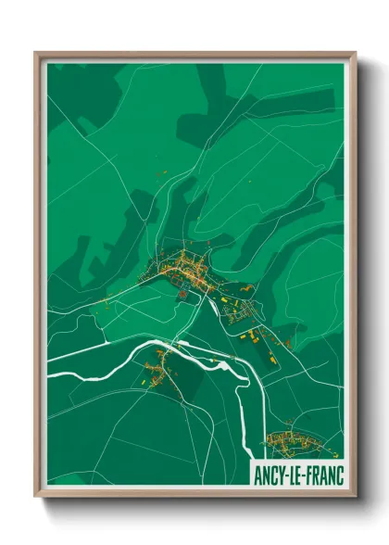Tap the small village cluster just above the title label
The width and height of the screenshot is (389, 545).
(291, 439)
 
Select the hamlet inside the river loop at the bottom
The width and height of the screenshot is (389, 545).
(159, 366)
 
